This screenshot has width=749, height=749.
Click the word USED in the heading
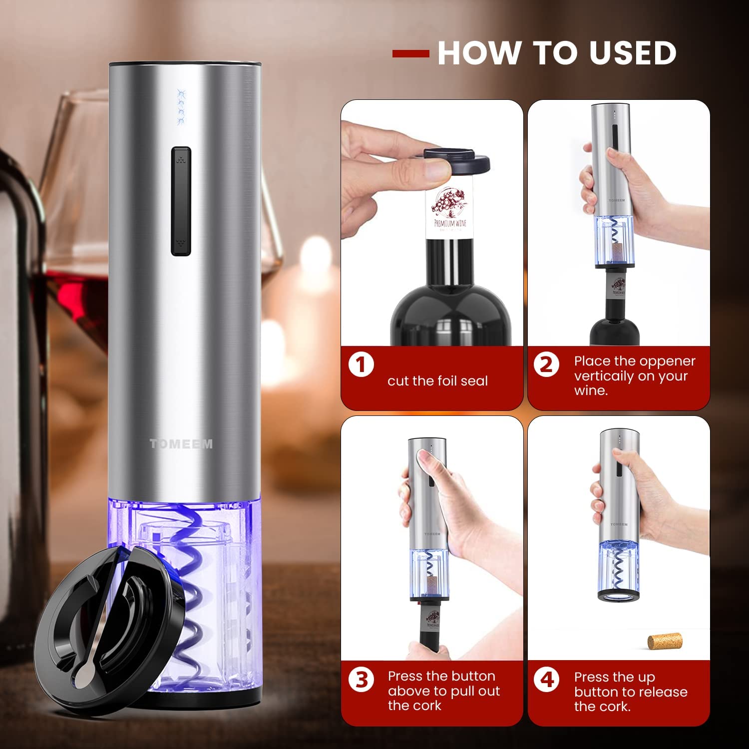pos(633,52)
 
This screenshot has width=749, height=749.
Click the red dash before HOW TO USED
pos(410,53)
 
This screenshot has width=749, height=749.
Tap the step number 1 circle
pos(361,365)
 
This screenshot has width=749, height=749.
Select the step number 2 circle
pos(547,365)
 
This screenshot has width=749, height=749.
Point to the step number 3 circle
pos(361,680)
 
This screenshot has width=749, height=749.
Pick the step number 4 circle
pos(547,680)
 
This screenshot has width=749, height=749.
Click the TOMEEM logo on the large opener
pos(181,443)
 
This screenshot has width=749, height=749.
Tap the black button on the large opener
pos(181,201)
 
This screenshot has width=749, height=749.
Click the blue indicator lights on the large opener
pos(181,107)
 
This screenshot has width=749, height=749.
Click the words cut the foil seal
pos(437,381)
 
